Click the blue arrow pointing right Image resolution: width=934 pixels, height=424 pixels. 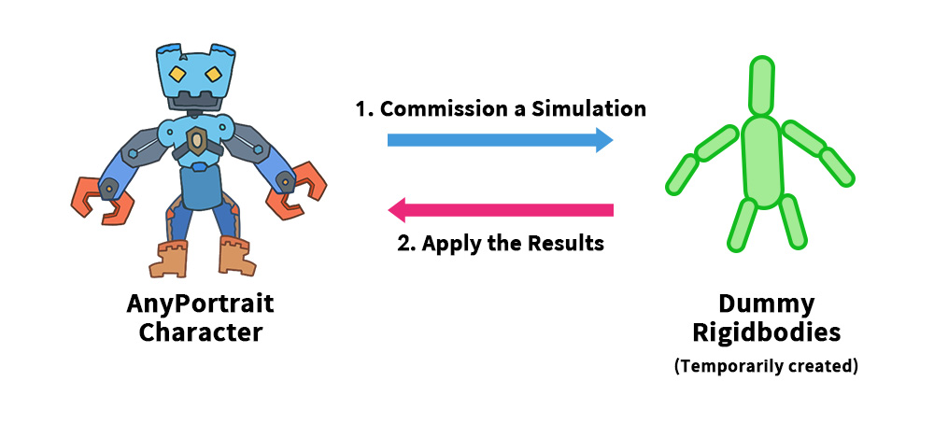pyautogui.click(x=500, y=140)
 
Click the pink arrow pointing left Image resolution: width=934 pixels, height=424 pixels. pyautogui.click(x=500, y=209)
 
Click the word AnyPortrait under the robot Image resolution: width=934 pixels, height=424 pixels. pyautogui.click(x=201, y=305)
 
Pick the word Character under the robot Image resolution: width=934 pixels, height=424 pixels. pyautogui.click(x=201, y=332)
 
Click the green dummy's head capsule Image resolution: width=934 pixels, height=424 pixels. pyautogui.click(x=762, y=85)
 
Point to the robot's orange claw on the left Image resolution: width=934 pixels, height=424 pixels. pyautogui.click(x=99, y=198)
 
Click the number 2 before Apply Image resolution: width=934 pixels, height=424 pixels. pyautogui.click(x=403, y=244)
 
